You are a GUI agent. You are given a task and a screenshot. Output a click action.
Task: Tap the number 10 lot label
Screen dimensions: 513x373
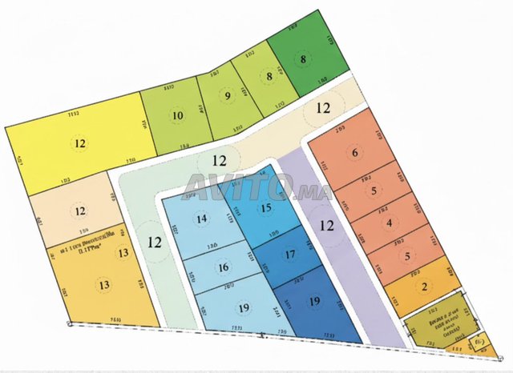(177, 115)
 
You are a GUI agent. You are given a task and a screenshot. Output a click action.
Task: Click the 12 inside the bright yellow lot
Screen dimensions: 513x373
(80, 144)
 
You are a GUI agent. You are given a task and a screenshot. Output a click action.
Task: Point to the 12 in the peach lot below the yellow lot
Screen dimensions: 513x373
(80, 211)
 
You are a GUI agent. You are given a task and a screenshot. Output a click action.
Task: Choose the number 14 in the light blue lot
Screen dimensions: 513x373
(200, 219)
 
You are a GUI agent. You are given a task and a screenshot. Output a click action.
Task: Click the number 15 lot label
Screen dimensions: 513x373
(266, 207)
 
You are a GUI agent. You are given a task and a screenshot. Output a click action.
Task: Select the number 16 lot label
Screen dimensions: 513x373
(224, 267)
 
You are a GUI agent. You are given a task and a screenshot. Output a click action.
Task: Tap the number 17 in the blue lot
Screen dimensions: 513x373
(291, 255)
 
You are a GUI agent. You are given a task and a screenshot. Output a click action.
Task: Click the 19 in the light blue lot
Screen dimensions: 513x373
(243, 308)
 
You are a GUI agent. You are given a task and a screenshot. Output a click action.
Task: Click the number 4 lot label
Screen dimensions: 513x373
(390, 223)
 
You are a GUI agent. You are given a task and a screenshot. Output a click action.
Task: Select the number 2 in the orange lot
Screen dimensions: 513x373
(424, 287)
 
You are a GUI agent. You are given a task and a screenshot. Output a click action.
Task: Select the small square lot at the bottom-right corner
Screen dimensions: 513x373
(480, 342)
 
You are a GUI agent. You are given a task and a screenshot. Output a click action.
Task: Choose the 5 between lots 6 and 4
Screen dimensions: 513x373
(373, 191)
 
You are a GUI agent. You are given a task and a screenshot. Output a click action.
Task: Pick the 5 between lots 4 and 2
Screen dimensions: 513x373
(407, 256)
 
